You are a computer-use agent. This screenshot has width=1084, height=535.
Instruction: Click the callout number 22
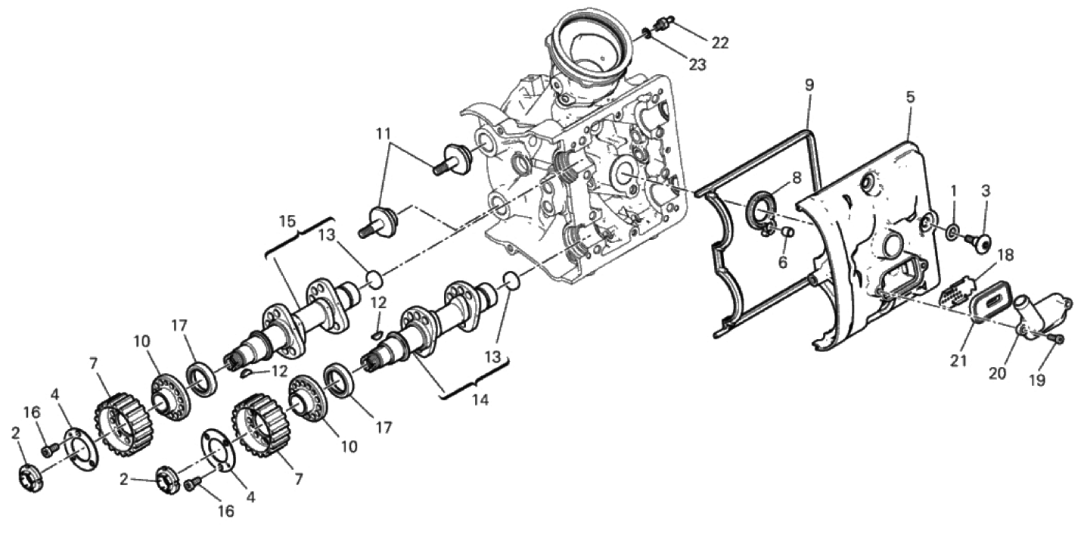point(719,43)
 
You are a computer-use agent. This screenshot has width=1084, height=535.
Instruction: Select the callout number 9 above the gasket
point(809,86)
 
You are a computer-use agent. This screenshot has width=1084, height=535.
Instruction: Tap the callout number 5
point(910,97)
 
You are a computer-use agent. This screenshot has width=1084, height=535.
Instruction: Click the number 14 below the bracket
point(480,400)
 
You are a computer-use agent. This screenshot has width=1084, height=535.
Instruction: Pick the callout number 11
point(384,134)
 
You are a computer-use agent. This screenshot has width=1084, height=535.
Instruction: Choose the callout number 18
point(1005,255)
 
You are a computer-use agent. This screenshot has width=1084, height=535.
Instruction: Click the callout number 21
point(959,360)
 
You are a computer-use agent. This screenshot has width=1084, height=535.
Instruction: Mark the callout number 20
point(998,373)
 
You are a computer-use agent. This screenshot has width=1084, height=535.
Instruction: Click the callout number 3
point(986,191)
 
